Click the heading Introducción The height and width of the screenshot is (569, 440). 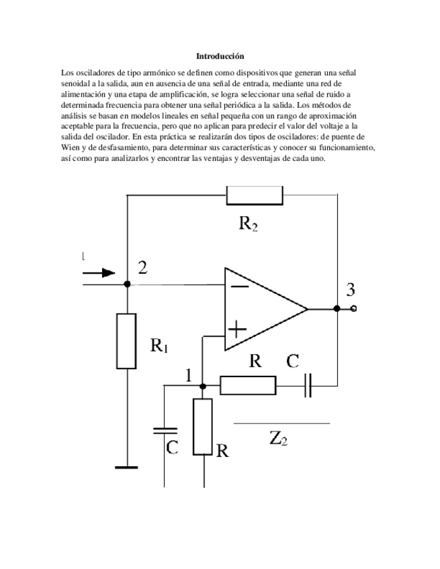[x=220, y=56]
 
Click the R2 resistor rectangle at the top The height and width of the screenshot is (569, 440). [x=255, y=195]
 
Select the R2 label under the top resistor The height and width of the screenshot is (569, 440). [x=248, y=224]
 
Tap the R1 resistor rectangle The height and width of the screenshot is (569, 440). [x=126, y=341]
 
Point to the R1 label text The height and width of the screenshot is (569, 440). [x=159, y=346]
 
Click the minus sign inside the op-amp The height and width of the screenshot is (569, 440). [x=238, y=285]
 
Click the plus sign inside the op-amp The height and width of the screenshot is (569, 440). [x=238, y=329]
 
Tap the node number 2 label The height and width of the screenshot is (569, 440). [x=142, y=268]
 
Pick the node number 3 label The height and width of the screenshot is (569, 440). [x=351, y=291]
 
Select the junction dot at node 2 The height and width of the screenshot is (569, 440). [x=127, y=284]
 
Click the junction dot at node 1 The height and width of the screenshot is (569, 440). [x=204, y=386]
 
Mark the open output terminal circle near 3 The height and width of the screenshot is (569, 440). [x=354, y=309]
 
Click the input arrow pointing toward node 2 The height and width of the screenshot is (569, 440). [x=99, y=272]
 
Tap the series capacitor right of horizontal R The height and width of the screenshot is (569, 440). [x=307, y=386]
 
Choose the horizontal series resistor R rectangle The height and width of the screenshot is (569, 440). [x=248, y=386]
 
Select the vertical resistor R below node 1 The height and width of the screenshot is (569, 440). [x=204, y=427]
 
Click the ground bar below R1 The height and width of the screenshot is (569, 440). [x=126, y=467]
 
